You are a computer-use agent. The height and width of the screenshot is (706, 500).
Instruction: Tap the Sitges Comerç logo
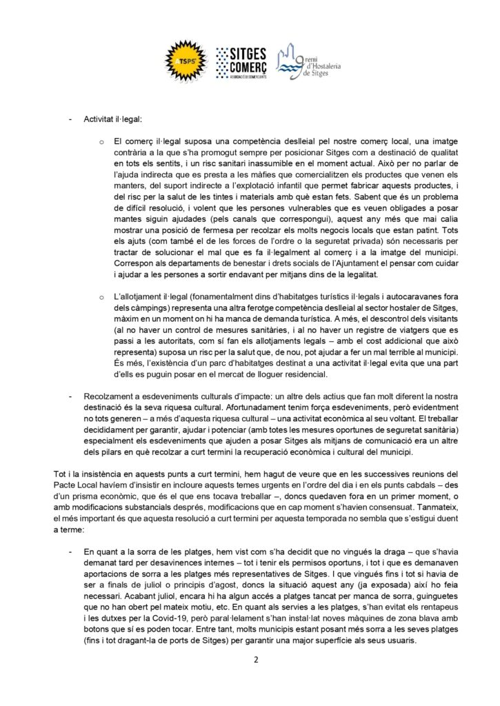point(241,61)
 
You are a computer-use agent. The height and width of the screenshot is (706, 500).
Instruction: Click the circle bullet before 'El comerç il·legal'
point(100,141)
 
